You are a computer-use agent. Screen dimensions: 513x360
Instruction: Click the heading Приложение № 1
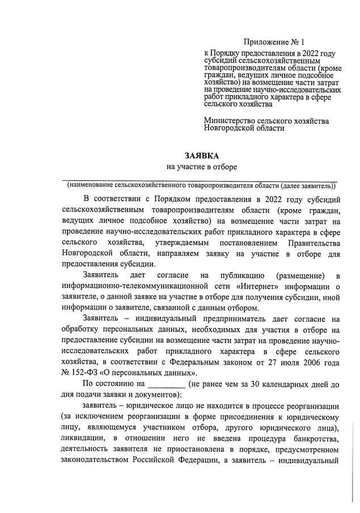[274, 42]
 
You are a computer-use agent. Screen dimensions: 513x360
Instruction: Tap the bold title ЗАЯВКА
[202, 155]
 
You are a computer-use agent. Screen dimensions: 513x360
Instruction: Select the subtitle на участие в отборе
[201, 167]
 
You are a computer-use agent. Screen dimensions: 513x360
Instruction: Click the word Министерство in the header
[228, 121]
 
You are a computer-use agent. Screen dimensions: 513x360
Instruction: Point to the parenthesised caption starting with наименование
[201, 185]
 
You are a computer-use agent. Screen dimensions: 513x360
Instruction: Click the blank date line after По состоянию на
[166, 384]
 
